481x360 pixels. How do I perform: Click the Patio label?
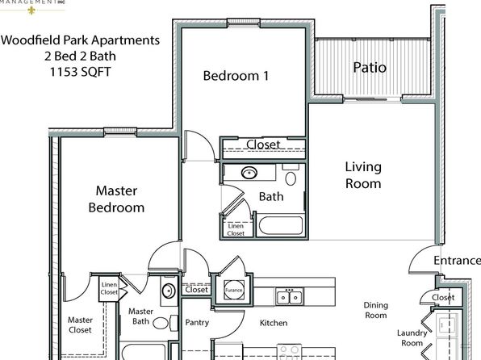click(370, 67)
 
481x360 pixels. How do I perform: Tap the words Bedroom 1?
click(236, 76)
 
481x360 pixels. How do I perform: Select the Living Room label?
click(363, 175)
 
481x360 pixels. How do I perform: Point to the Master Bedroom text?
click(116, 199)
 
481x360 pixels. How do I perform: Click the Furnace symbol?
click(234, 290)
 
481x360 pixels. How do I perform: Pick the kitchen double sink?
click(290, 296)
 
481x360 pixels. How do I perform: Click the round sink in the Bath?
click(249, 173)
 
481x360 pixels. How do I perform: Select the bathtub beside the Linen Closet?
click(281, 225)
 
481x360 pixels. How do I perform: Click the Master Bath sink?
click(169, 291)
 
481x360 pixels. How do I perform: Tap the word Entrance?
click(457, 260)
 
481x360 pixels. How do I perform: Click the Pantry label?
click(197, 322)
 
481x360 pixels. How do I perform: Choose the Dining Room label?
click(376, 310)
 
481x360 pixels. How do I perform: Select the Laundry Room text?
click(412, 338)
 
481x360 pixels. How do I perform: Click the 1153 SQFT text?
click(80, 72)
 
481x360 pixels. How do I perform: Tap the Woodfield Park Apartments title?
click(80, 40)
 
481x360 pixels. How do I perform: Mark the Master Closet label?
click(80, 324)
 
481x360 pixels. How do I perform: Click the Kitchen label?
click(274, 323)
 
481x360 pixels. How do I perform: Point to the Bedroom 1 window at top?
click(244, 23)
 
